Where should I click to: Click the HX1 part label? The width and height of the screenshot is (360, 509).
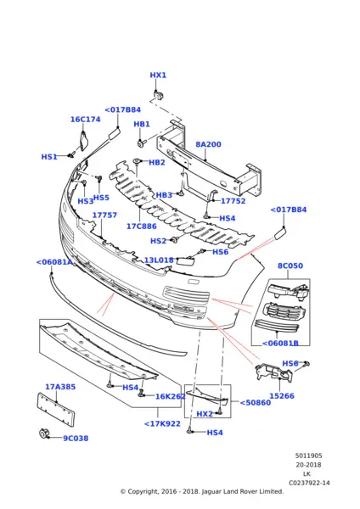tap(158, 76)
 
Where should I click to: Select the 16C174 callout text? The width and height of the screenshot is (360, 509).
tap(85, 120)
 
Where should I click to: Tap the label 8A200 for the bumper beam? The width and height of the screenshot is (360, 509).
tap(208, 145)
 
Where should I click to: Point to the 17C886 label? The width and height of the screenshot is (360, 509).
tap(141, 227)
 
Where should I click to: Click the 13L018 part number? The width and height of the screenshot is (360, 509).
tap(158, 260)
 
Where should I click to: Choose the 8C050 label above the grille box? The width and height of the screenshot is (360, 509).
tap(290, 266)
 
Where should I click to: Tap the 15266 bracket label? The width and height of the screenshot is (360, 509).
tap(281, 395)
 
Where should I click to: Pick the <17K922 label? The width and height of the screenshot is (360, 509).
tap(161, 423)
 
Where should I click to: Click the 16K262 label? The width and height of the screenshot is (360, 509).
tap(171, 396)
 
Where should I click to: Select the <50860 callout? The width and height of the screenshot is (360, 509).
tap(255, 403)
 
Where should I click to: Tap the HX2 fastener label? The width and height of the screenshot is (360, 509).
tap(205, 414)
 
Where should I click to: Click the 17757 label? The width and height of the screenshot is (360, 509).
tap(104, 215)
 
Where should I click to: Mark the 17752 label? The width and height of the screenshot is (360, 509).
tap(233, 201)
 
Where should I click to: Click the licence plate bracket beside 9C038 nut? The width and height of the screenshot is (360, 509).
tap(56, 410)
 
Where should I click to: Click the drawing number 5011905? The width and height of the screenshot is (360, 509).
tap(308, 456)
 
